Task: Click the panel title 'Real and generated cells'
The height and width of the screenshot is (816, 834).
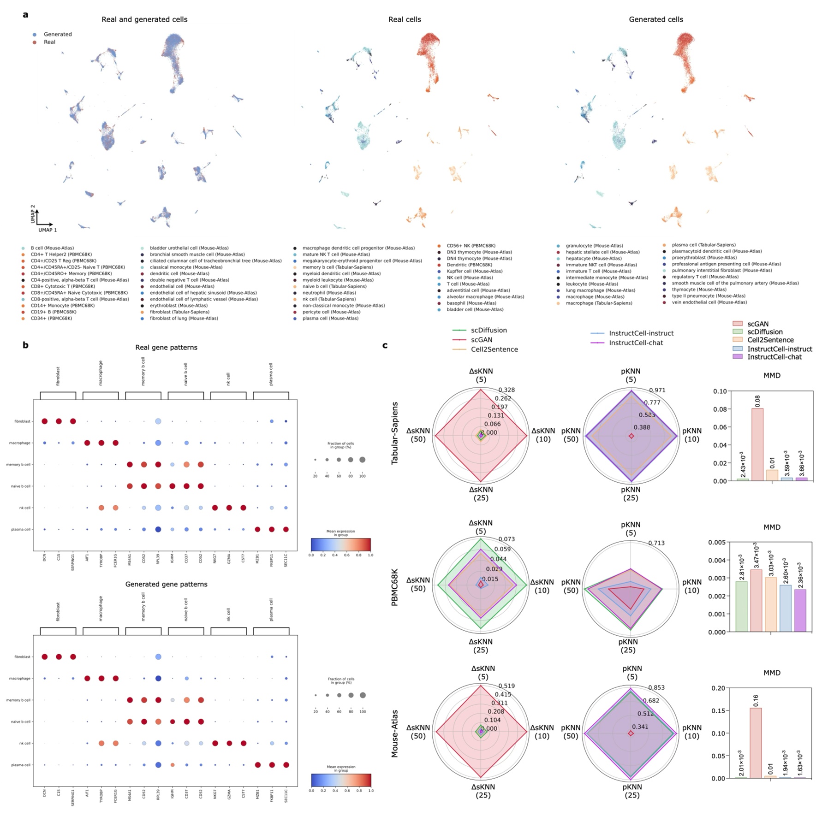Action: click(144, 19)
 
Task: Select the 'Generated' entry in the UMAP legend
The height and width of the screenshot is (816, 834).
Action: click(57, 34)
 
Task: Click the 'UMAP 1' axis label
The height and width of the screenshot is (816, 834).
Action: click(48, 230)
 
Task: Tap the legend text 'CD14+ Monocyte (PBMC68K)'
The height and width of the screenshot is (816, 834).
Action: click(62, 306)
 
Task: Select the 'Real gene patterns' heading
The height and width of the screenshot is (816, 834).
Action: click(166, 347)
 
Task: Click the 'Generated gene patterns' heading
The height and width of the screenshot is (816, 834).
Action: click(166, 584)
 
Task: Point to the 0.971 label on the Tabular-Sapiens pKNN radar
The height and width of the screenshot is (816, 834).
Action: click(657, 390)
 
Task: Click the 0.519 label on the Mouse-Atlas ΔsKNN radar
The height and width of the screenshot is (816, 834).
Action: click(506, 686)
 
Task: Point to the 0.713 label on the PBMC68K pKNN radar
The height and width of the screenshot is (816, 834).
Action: click(656, 543)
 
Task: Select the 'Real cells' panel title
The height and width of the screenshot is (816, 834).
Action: click(405, 19)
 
